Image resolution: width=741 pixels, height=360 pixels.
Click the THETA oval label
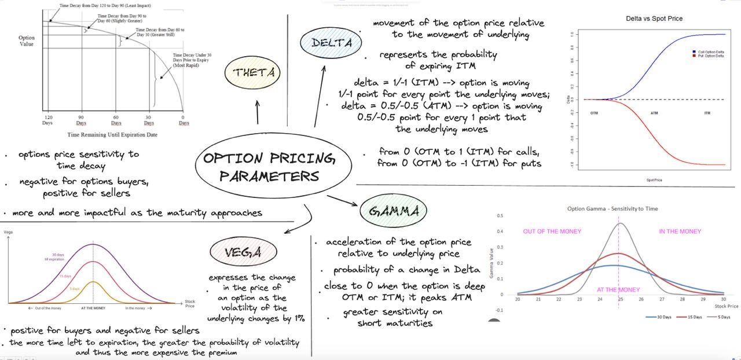click(x=254, y=73)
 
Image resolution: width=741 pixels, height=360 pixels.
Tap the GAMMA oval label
click(x=394, y=211)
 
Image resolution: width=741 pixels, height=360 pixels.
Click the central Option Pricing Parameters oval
click(x=273, y=166)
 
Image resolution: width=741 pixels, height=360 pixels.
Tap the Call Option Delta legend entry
click(x=710, y=52)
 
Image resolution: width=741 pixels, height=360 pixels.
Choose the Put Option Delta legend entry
click(x=710, y=56)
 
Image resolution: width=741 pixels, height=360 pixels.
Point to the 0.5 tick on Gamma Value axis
click(x=500, y=216)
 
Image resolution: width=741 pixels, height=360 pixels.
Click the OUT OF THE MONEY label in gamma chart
click(x=552, y=232)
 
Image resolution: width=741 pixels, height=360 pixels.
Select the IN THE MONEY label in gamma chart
click(x=680, y=232)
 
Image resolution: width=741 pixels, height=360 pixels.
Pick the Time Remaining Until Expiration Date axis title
click(x=112, y=135)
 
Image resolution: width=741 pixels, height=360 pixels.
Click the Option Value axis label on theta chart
click(x=27, y=41)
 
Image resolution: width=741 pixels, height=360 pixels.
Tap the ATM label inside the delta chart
click(x=654, y=113)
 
